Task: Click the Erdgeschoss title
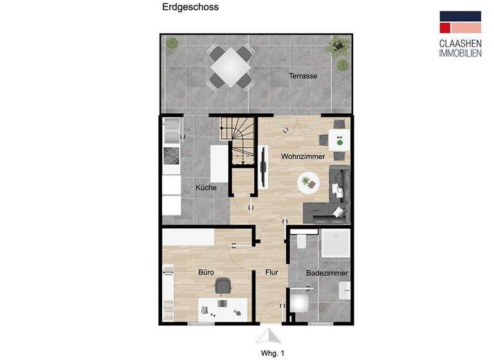190,8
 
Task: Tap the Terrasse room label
302,76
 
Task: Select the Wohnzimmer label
302,157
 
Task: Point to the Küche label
206,188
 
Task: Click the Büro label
206,273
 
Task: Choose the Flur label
271,273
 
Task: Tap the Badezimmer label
327,273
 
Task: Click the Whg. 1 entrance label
272,353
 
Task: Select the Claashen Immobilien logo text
460,48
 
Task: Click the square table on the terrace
230,66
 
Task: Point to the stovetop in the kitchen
171,156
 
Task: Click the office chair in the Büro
223,285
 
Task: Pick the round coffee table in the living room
307,183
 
